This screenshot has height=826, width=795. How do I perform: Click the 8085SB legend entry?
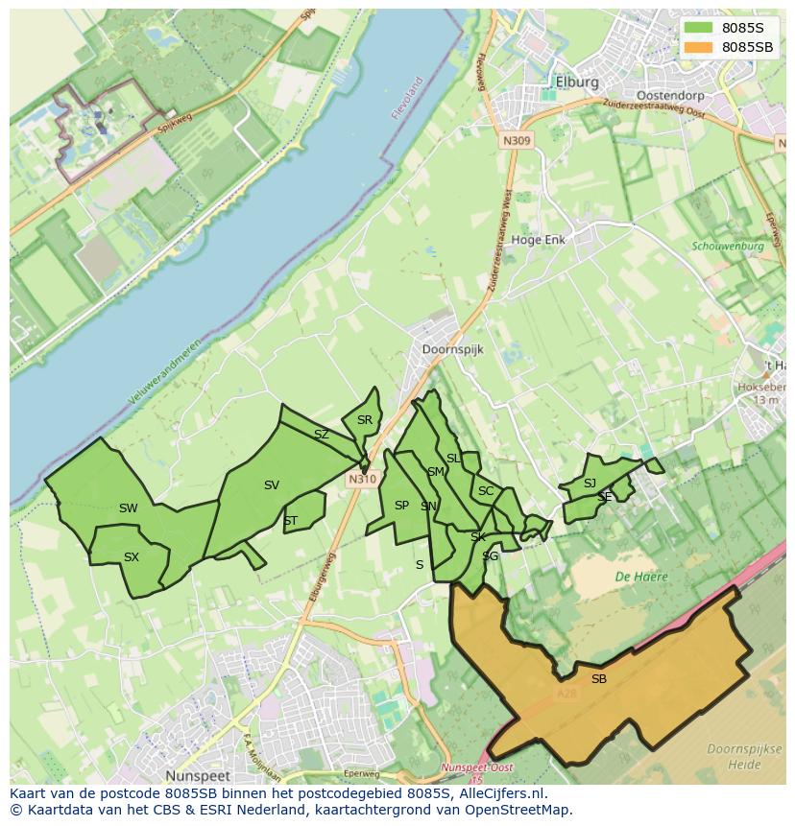[x=748, y=47]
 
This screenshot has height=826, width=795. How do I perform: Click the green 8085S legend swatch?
[x=699, y=28]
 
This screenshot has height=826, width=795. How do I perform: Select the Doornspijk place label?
[x=452, y=350]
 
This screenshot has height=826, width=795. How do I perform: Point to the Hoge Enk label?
[x=538, y=240]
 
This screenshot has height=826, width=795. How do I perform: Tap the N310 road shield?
[x=361, y=479]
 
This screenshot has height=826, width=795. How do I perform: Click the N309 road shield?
[x=516, y=140]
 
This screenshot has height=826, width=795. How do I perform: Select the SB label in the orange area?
[x=598, y=679]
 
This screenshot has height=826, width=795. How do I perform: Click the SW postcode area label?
[x=128, y=508]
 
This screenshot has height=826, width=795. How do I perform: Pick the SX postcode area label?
[x=132, y=557]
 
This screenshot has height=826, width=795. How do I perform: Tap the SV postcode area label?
[x=271, y=485]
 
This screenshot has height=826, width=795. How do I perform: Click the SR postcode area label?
[x=364, y=420]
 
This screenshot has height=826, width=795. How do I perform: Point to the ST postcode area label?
[x=290, y=522]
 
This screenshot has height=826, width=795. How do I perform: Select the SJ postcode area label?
[x=590, y=484]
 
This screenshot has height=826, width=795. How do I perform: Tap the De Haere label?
[x=641, y=577]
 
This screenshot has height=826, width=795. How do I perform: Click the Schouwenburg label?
[x=727, y=246]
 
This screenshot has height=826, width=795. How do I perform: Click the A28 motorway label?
[x=566, y=693]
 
